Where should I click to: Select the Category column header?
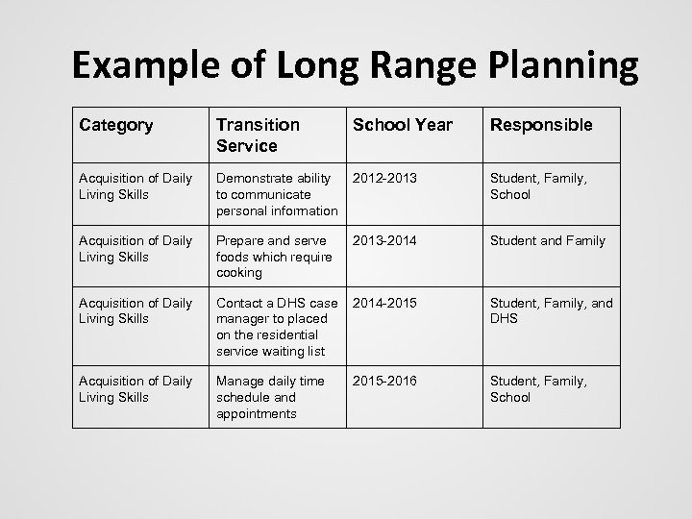pos(117,125)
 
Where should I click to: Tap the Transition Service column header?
pos(259,135)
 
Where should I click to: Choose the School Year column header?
pos(403,125)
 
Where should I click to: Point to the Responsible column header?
pos(541,125)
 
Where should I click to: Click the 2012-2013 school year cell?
pos(385,179)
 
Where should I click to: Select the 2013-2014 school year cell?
pos(385,241)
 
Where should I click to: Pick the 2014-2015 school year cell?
pos(385,304)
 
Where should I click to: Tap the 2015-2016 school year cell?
pos(385,382)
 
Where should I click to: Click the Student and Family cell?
pos(548,241)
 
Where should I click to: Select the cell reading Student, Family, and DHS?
pos(551,311)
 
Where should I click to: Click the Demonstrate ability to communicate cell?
pos(277,194)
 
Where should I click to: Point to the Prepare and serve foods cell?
pos(274,257)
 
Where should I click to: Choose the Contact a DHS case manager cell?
pos(277,327)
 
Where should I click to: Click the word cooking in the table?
pos(239,273)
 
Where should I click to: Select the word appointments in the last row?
pos(257,413)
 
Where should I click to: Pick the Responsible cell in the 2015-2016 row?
pos(537,389)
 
